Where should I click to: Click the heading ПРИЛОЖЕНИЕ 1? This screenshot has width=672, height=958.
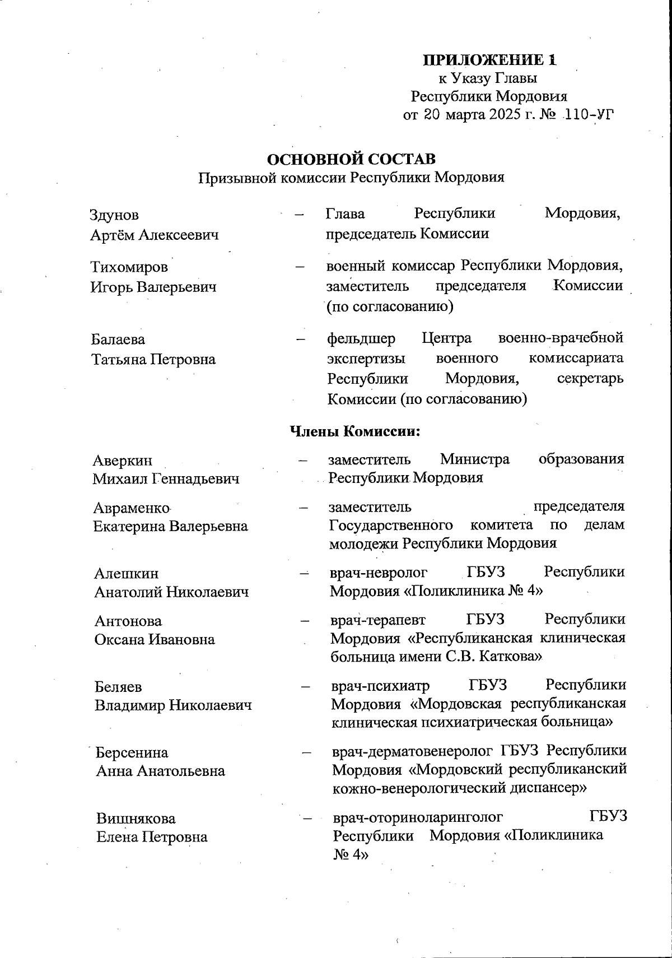click(x=490, y=60)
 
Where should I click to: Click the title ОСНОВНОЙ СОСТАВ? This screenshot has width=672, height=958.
click(x=351, y=159)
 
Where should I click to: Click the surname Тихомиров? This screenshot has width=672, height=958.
click(x=129, y=267)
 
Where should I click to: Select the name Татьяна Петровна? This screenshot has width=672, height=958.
click(x=153, y=359)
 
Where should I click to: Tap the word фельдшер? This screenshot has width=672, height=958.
click(x=361, y=339)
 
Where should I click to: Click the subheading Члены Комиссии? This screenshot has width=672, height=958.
click(x=355, y=431)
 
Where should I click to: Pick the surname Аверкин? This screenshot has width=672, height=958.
click(x=122, y=461)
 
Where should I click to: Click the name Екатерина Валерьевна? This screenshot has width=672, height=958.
click(x=170, y=527)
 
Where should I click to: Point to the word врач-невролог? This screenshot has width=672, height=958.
click(x=379, y=573)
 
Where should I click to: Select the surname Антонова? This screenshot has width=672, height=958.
click(x=128, y=621)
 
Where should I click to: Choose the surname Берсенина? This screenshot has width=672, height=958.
click(x=132, y=752)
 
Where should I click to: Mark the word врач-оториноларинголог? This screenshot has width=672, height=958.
click(x=418, y=817)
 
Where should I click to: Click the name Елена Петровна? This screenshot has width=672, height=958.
click(x=152, y=837)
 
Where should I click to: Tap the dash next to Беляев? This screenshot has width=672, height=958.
click(x=306, y=686)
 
